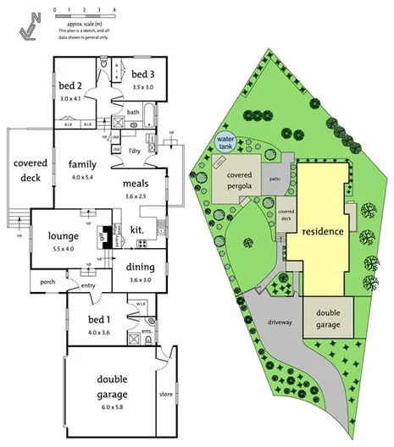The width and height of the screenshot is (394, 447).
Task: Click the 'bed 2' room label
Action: coord(70,85)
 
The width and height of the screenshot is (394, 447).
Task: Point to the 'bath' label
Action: coord(134,112)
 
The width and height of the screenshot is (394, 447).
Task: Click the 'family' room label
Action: coord(83,163)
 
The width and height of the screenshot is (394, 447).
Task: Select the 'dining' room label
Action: coord(141,268)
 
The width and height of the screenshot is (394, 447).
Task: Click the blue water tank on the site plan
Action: coord(225,142)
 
